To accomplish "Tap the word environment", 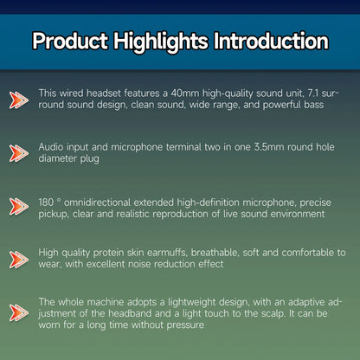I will pyautogui.click(x=299, y=214).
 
